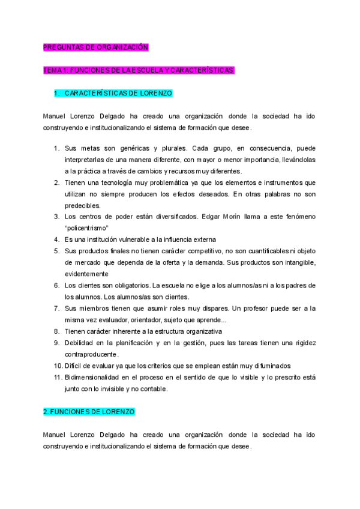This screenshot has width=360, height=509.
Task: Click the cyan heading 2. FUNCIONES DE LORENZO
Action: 89,412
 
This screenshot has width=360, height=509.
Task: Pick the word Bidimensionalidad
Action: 95,377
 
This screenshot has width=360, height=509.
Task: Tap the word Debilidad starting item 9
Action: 80,343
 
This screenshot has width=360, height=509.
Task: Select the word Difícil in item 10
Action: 75,366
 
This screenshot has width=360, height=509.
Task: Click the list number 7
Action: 56,309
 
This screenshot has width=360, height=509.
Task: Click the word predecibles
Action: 83,205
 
